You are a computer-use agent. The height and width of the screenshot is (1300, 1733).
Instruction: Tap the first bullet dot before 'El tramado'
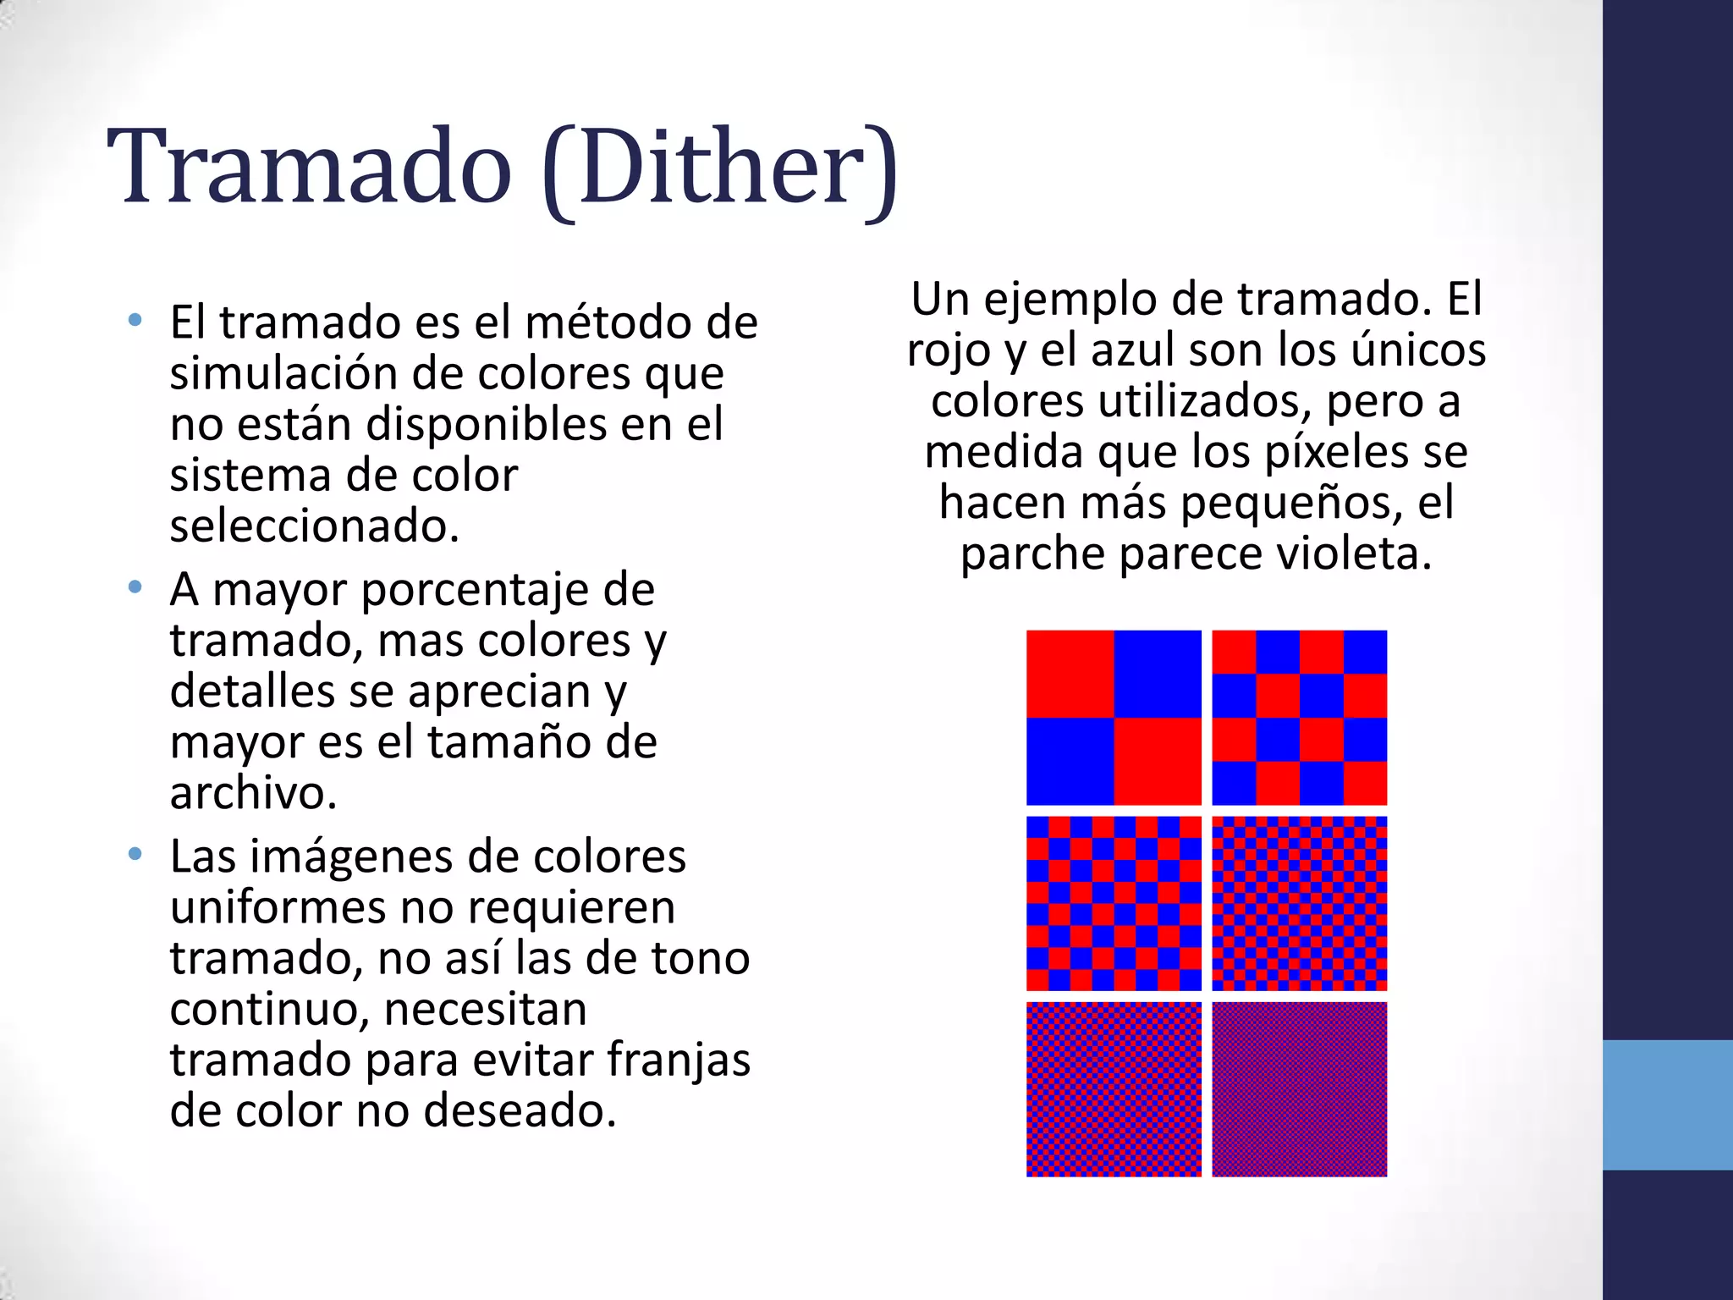(135, 320)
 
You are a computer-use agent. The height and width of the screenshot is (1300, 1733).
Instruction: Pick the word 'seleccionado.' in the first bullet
(314, 526)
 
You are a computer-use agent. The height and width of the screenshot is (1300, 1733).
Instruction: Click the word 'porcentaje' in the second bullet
(508, 589)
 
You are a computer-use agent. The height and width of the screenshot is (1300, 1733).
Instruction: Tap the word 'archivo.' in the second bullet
(253, 793)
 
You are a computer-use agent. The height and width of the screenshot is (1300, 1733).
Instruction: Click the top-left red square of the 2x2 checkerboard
(1070, 674)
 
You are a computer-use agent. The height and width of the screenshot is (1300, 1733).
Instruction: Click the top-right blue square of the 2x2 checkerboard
(1158, 674)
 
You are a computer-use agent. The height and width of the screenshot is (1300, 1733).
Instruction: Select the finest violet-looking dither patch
(1299, 1089)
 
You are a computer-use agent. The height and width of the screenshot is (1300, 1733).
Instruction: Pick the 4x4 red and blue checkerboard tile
(1299, 717)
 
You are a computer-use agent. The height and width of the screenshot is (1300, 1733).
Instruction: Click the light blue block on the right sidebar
(1667, 1104)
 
